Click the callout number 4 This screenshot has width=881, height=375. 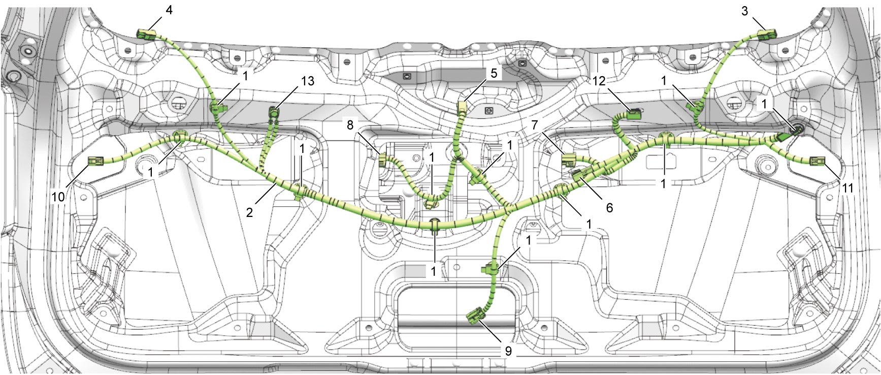169,10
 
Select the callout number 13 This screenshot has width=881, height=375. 307,81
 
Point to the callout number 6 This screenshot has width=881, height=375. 609,207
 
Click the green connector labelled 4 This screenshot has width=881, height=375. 145,35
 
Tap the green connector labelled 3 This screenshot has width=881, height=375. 767,35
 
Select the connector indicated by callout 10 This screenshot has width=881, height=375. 96,162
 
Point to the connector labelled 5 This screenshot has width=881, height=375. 462,107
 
